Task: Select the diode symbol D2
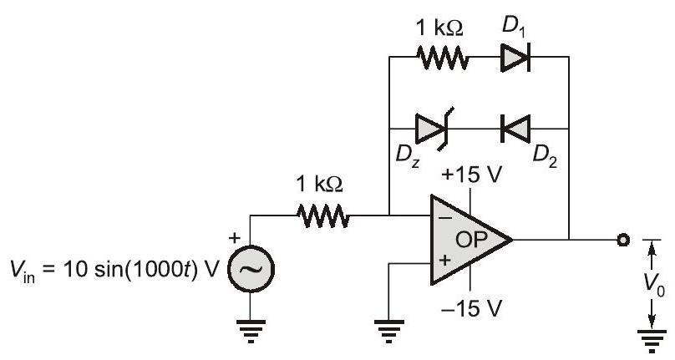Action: tap(515, 129)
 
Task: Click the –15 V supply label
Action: tap(474, 307)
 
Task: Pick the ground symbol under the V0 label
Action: tap(646, 339)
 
